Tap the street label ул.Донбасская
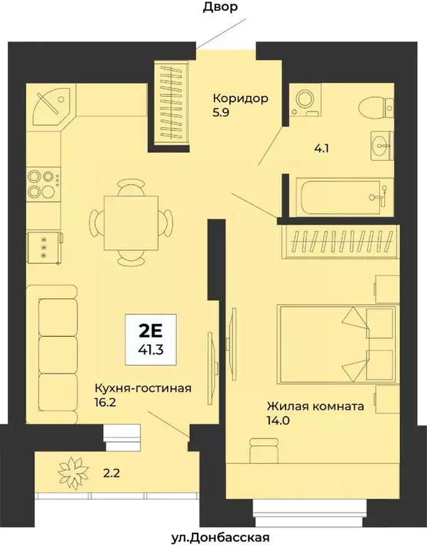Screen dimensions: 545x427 pos(214,536)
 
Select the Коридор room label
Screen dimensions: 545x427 pos(241,99)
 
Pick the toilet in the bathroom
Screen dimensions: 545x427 pos(376,108)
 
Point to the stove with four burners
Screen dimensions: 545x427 pos(43,183)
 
